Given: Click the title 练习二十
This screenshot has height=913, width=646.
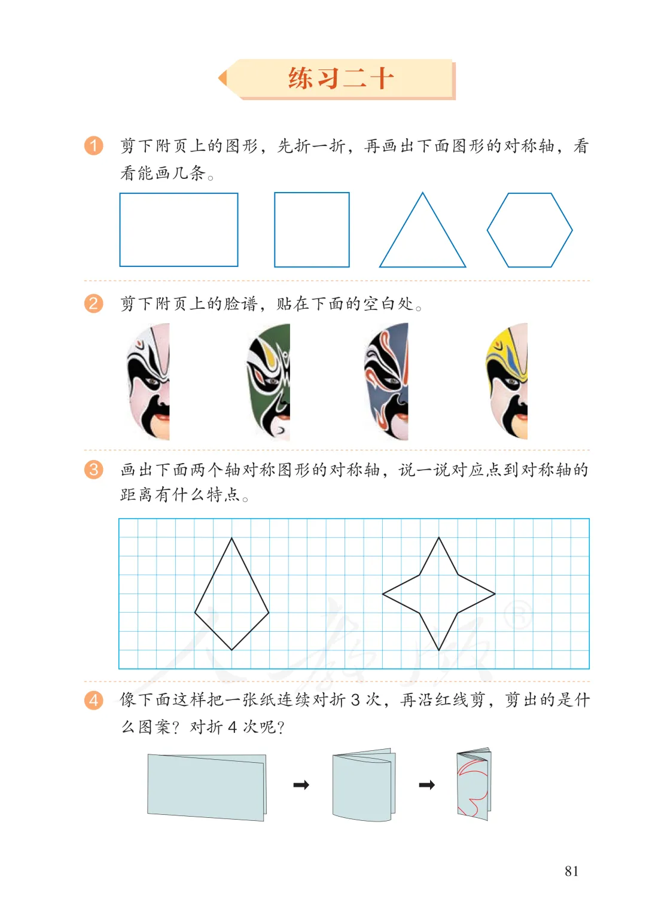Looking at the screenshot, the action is tap(341, 78).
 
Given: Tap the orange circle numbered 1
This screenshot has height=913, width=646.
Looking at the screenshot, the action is tap(93, 145).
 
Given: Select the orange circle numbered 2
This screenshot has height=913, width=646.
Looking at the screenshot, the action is tap(93, 304).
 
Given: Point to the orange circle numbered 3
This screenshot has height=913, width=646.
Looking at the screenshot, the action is tap(93, 470).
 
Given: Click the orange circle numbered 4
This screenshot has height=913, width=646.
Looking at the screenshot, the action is tap(93, 701).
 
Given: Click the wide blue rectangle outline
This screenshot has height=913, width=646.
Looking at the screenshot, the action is tap(120, 230).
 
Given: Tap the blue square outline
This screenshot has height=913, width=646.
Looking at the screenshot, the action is tap(275, 230).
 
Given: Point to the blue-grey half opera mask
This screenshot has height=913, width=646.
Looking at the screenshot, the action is tap(387, 381).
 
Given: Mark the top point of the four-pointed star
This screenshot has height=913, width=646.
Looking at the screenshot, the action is tap(439, 538).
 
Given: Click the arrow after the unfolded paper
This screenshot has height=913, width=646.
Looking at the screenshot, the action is tap(301, 784).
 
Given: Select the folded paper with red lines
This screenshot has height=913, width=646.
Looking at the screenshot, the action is tap(474, 784).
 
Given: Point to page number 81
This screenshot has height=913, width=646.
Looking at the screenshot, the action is tap(571, 871).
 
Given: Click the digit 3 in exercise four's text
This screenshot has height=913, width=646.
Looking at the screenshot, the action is tap(355, 700).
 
